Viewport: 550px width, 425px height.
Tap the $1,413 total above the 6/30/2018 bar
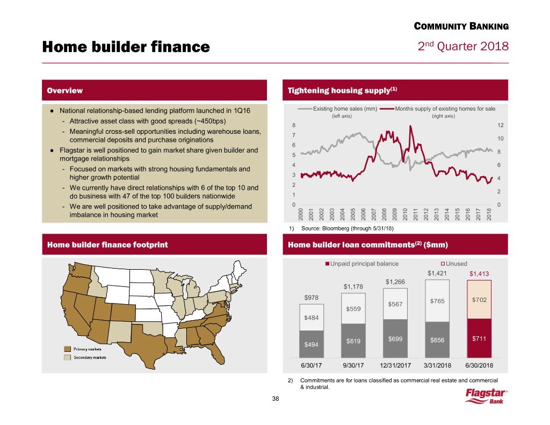point(479,274)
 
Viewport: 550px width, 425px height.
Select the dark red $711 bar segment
point(479,338)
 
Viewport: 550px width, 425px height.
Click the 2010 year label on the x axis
point(405,213)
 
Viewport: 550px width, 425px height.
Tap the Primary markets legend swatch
point(68,348)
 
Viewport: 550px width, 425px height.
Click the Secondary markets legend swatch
point(68,357)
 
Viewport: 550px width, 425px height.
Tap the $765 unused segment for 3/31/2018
point(437,301)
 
